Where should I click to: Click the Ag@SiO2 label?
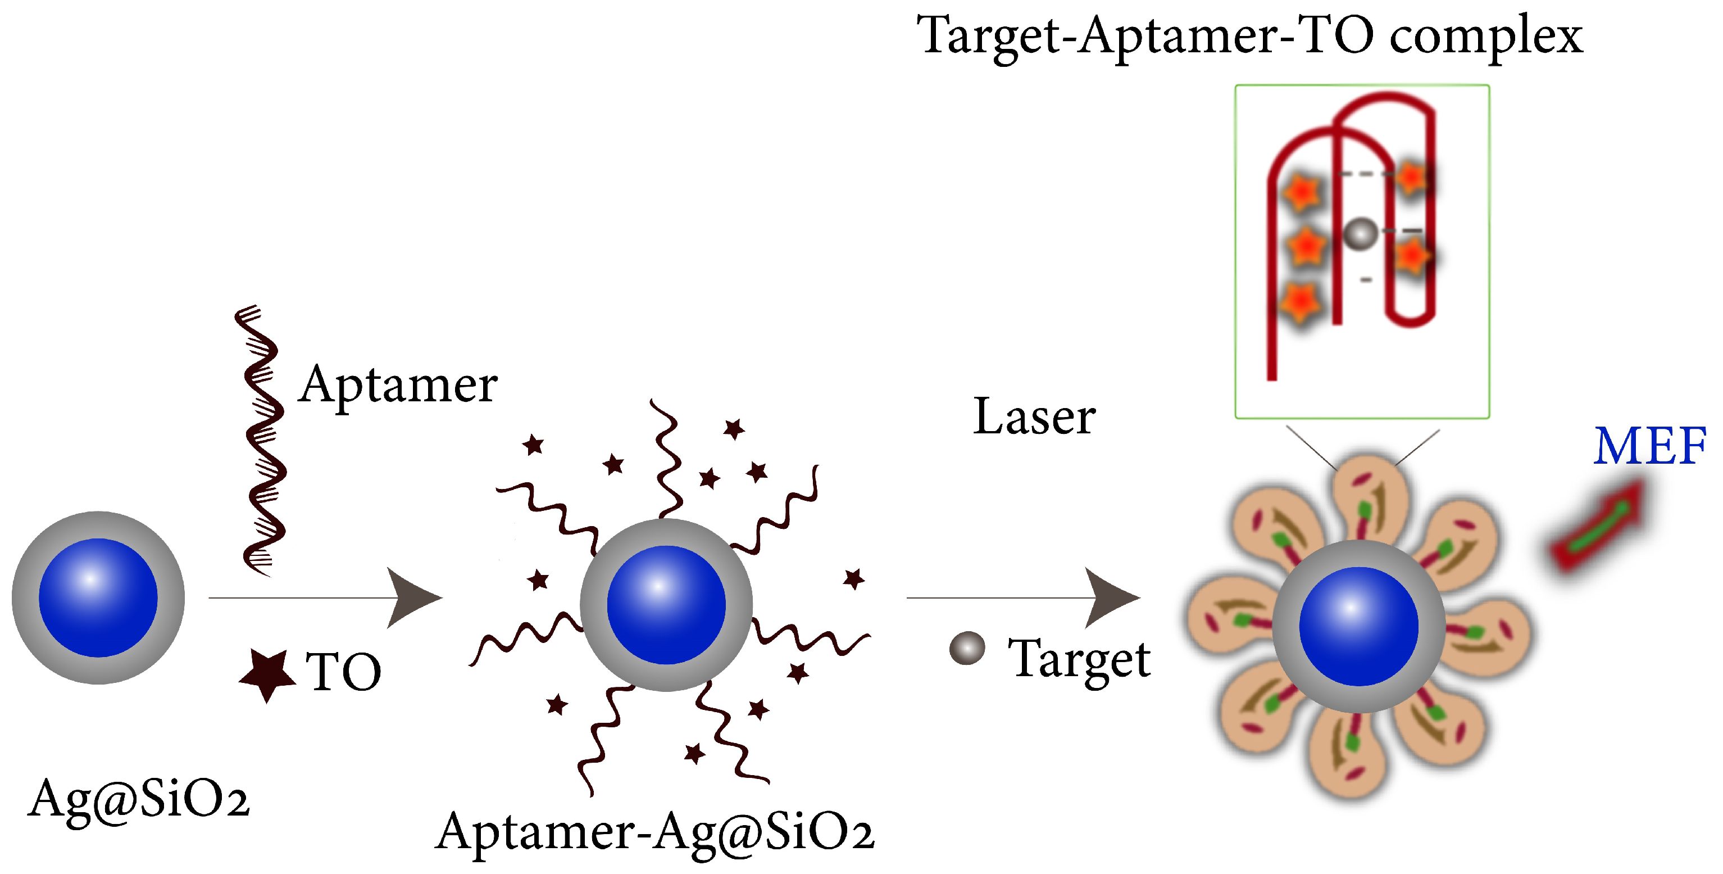coord(138,798)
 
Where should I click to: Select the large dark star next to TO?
coord(267,674)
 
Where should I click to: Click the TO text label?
coord(343,672)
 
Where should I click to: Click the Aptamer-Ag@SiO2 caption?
coord(655,832)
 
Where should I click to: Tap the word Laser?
coord(1034,417)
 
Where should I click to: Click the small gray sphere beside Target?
coord(967,648)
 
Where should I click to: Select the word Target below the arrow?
coord(1079,659)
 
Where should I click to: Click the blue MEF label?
coord(1649,446)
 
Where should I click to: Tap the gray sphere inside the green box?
coord(1361,234)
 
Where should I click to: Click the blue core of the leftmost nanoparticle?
coord(98,597)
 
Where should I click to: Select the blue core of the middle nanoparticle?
coord(666,604)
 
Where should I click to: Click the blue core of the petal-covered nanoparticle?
coord(1358,626)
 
